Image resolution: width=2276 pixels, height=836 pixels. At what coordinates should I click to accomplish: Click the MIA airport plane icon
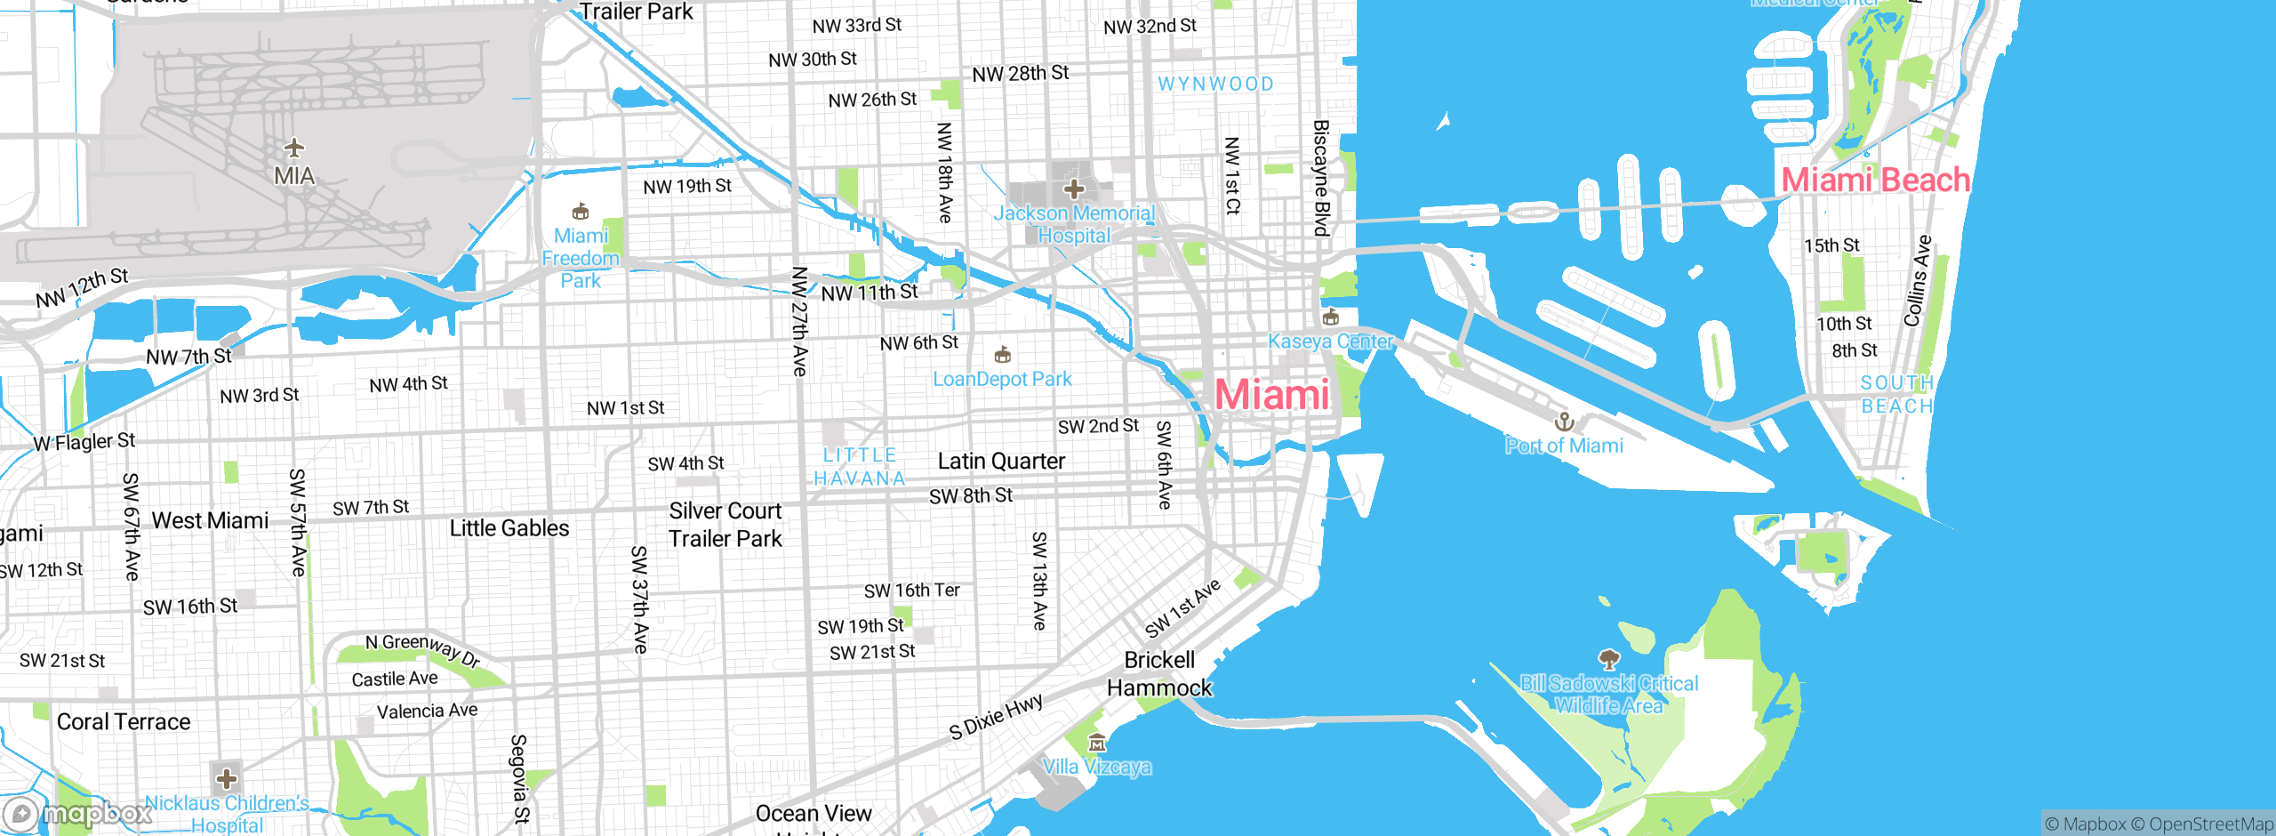294,148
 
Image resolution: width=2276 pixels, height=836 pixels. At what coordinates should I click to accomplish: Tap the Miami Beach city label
1876,181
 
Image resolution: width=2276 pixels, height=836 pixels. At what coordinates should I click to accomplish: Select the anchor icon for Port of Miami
1564,421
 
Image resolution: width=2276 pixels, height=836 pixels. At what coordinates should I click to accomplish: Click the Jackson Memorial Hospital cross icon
1074,189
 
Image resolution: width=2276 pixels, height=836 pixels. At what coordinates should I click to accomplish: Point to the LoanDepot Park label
1002,380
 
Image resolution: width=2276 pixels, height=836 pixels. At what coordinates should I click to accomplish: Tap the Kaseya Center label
1330,342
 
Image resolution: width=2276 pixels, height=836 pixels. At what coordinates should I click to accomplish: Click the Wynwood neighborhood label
1215,84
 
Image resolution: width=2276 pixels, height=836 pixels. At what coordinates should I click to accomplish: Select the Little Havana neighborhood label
860,467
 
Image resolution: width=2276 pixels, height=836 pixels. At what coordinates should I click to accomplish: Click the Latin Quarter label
1001,462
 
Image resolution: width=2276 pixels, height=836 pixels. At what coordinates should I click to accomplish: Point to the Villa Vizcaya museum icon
1097,743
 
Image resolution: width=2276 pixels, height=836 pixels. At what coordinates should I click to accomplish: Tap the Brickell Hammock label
1159,674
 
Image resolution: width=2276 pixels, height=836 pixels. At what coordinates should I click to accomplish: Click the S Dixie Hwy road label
996,717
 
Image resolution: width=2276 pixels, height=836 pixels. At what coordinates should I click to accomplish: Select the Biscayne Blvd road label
1321,178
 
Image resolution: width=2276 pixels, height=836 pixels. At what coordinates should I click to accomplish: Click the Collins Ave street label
1917,280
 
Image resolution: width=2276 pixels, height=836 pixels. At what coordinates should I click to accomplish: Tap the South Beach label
1897,395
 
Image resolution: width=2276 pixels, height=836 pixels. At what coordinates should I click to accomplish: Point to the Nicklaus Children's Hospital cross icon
227,779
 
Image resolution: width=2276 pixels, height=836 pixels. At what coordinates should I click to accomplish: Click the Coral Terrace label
124,722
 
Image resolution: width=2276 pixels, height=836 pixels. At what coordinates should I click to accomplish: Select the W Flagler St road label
84,442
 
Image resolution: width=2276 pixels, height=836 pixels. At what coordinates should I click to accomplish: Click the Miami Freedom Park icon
581,212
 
